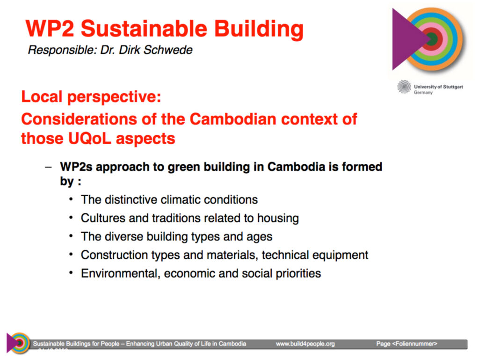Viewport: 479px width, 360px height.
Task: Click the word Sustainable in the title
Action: click(x=144, y=29)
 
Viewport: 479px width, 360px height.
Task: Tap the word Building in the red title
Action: click(x=259, y=29)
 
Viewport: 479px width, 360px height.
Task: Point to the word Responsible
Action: click(x=62, y=50)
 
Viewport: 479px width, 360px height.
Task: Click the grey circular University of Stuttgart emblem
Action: click(x=404, y=87)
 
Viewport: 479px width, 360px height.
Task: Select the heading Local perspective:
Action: click(x=91, y=97)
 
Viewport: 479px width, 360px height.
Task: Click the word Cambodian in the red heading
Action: click(x=233, y=119)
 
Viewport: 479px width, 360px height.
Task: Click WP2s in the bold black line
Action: click(x=76, y=167)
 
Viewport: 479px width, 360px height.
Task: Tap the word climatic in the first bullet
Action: click(x=180, y=199)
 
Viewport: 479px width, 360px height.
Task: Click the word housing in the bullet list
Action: click(x=278, y=218)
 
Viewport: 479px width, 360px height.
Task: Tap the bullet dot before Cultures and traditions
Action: click(x=71, y=218)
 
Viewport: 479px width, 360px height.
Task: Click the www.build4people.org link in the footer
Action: click(x=305, y=344)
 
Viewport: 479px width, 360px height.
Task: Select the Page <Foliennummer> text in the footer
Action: click(x=406, y=344)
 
